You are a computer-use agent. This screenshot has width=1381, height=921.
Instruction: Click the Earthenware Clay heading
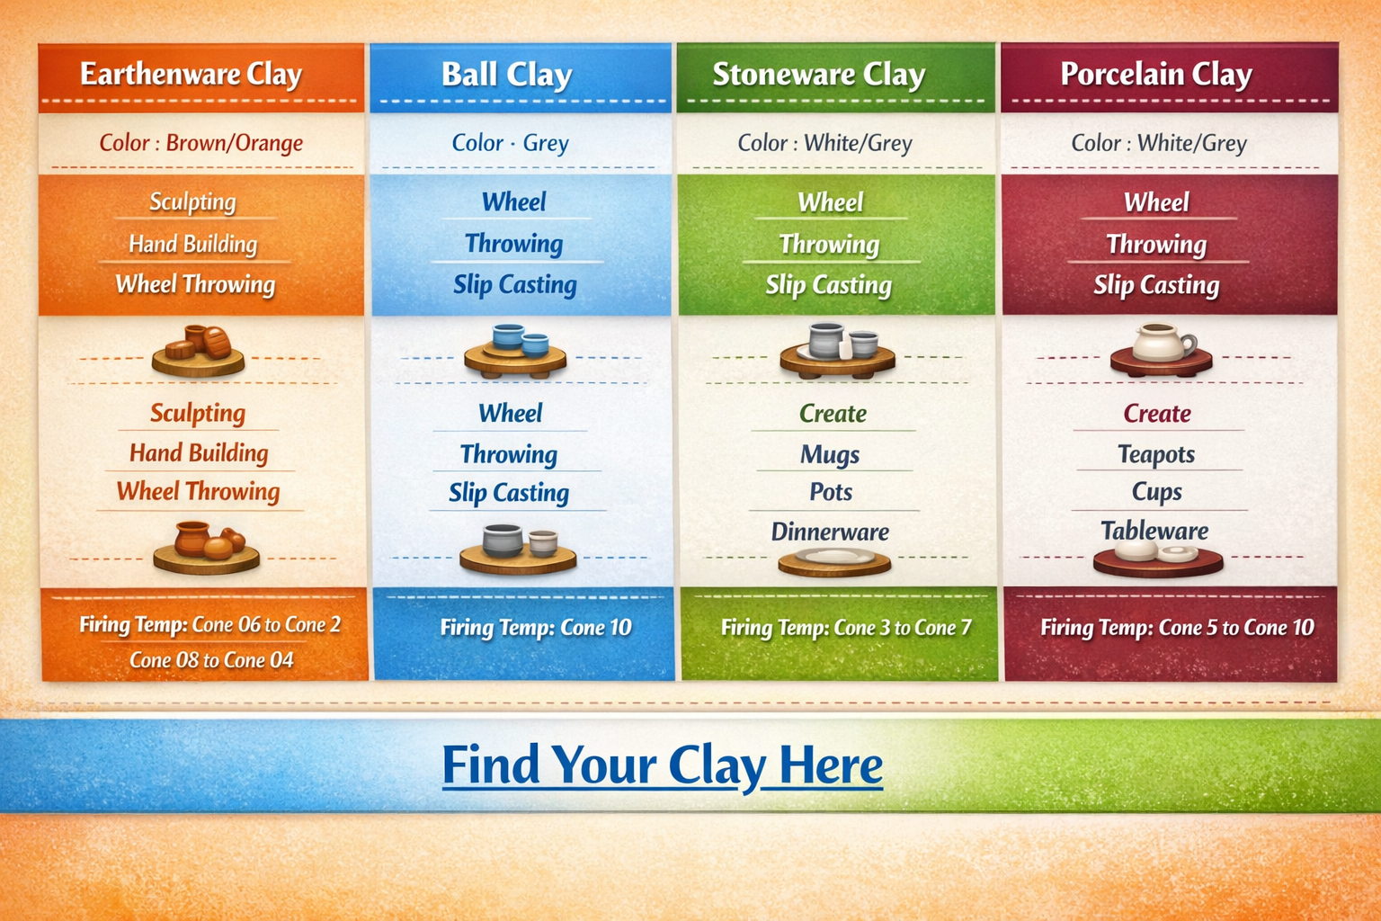[x=191, y=74]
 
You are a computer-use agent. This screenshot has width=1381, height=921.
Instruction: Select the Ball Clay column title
[x=506, y=74]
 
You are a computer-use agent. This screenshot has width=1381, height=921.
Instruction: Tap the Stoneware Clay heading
[x=818, y=74]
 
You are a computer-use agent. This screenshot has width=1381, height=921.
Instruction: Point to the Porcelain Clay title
[x=1155, y=74]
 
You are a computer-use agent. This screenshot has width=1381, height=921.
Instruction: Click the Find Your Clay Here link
[x=662, y=765]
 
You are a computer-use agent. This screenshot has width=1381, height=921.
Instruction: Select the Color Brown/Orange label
[x=200, y=143]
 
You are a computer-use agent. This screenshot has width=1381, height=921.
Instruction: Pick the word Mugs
[x=830, y=454]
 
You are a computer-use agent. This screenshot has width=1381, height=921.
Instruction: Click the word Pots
[x=830, y=492]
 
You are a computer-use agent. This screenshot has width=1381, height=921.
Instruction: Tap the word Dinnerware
[x=830, y=532]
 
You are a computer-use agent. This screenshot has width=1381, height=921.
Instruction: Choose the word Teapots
[x=1156, y=454]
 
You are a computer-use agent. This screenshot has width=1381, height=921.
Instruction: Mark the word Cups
[x=1156, y=492]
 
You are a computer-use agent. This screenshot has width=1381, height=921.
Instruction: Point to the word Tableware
[x=1154, y=531]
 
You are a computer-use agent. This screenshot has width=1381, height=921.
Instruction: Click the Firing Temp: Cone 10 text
[x=536, y=628]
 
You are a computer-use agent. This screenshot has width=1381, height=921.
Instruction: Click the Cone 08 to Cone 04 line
[x=211, y=660]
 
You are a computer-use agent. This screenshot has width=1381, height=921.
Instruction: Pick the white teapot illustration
[x=1161, y=343]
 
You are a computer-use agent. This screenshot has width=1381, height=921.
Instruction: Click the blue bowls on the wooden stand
[x=520, y=340]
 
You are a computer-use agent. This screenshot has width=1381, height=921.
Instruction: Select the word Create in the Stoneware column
[x=833, y=414]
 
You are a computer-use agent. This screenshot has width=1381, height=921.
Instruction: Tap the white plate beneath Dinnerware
[x=834, y=558]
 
